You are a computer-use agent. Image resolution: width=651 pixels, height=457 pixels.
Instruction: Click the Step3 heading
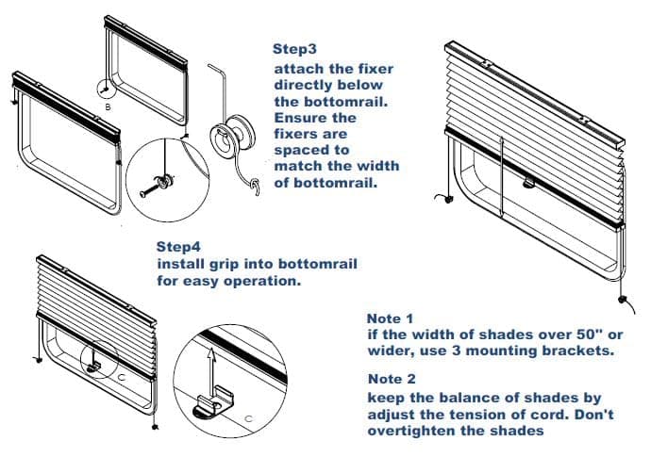coord(294,49)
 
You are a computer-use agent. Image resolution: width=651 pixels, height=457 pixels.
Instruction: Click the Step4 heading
coord(178,247)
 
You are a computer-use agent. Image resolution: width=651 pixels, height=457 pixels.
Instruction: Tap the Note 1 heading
coord(391,318)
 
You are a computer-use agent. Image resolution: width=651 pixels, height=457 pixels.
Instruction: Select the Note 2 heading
coord(392,379)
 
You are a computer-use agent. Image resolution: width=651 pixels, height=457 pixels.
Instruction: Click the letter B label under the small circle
coord(108,107)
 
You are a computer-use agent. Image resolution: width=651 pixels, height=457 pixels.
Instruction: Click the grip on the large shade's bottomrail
coord(528,183)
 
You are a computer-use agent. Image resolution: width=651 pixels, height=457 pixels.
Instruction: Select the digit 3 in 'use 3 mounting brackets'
coord(459,351)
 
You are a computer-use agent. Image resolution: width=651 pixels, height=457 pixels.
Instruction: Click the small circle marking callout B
coord(105,89)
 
